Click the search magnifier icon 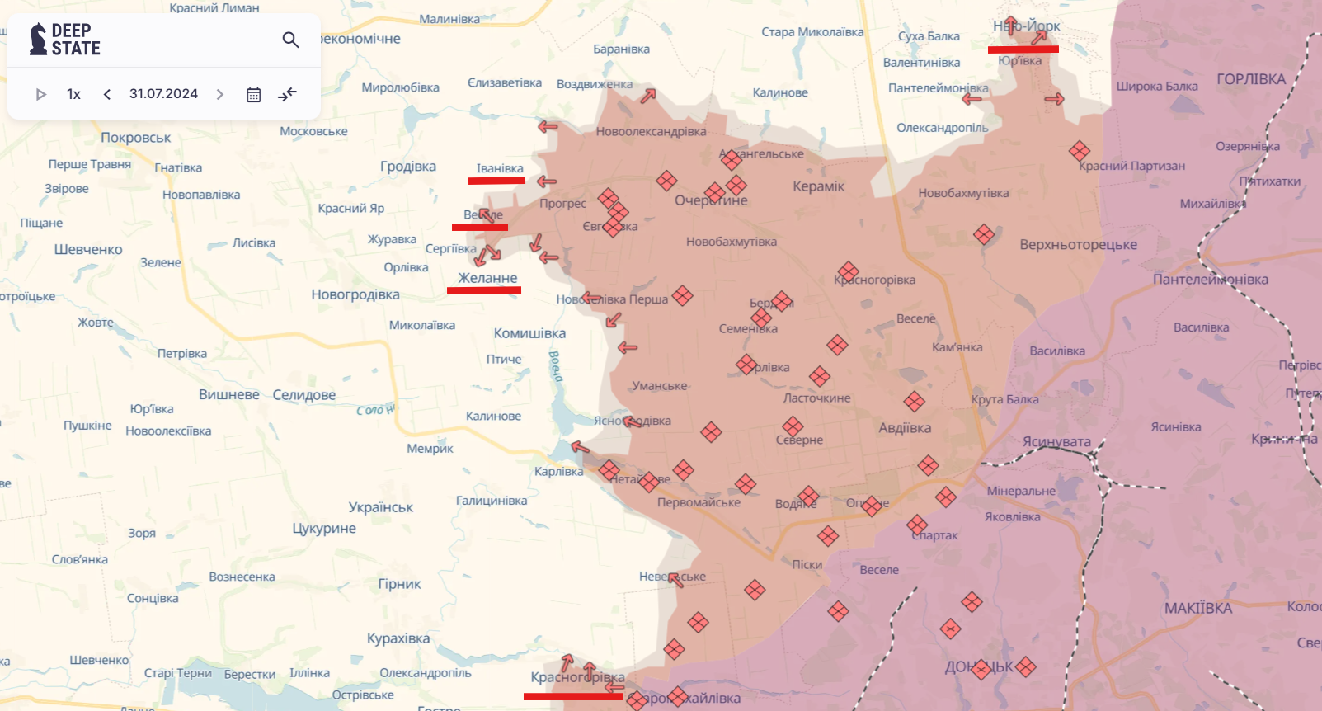[x=290, y=40]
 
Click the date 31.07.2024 [x=163, y=94]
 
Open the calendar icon [x=254, y=95]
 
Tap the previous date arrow [x=107, y=94]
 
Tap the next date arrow [x=219, y=94]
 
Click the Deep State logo [x=65, y=40]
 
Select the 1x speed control [x=73, y=94]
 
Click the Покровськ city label [x=135, y=138]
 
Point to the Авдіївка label [x=905, y=428]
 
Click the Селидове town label [x=303, y=395]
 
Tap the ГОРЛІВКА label [x=1250, y=79]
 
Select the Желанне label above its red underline [x=487, y=278]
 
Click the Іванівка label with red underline [x=500, y=168]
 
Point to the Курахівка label [x=398, y=638]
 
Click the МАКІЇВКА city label [x=1197, y=609]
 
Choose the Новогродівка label [x=355, y=294]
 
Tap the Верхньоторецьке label [x=1078, y=245]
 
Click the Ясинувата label [x=1056, y=442]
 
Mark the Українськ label [x=380, y=507]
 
